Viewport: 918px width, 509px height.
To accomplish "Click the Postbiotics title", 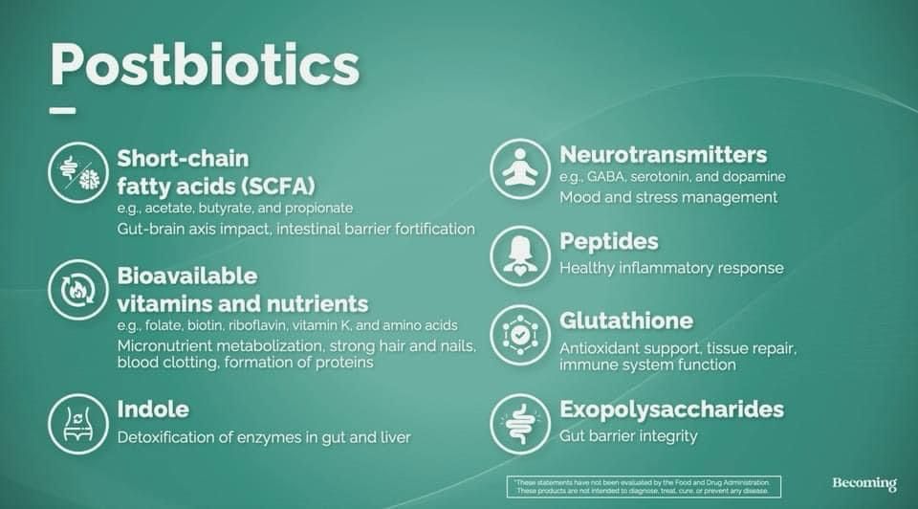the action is tap(205, 64).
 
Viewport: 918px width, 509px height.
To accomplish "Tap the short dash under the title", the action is tap(63, 110).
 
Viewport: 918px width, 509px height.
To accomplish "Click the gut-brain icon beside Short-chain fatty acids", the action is tap(78, 173).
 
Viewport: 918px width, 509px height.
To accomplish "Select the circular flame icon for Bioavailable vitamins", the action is tap(78, 290).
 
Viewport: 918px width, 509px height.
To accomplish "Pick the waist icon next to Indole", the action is tap(78, 424).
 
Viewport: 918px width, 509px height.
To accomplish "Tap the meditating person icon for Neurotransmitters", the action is tap(520, 169).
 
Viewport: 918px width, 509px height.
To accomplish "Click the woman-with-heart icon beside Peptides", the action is tap(520, 256).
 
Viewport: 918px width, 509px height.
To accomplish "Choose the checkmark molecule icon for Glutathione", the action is tap(520, 335).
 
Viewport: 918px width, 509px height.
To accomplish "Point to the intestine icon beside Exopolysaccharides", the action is tap(520, 424).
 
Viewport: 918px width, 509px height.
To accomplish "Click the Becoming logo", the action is tap(864, 484).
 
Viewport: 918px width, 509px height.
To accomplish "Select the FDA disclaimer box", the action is tap(644, 487).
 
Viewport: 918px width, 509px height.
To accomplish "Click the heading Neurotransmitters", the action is tap(664, 155).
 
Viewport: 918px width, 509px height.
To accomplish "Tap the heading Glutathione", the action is tap(626, 321).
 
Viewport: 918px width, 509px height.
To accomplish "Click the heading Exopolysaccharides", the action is tap(671, 409).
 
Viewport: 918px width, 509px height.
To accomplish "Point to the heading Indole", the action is tap(153, 409).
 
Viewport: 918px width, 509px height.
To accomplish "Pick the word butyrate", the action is tap(226, 209).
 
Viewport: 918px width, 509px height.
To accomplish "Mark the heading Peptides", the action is tap(609, 242).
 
